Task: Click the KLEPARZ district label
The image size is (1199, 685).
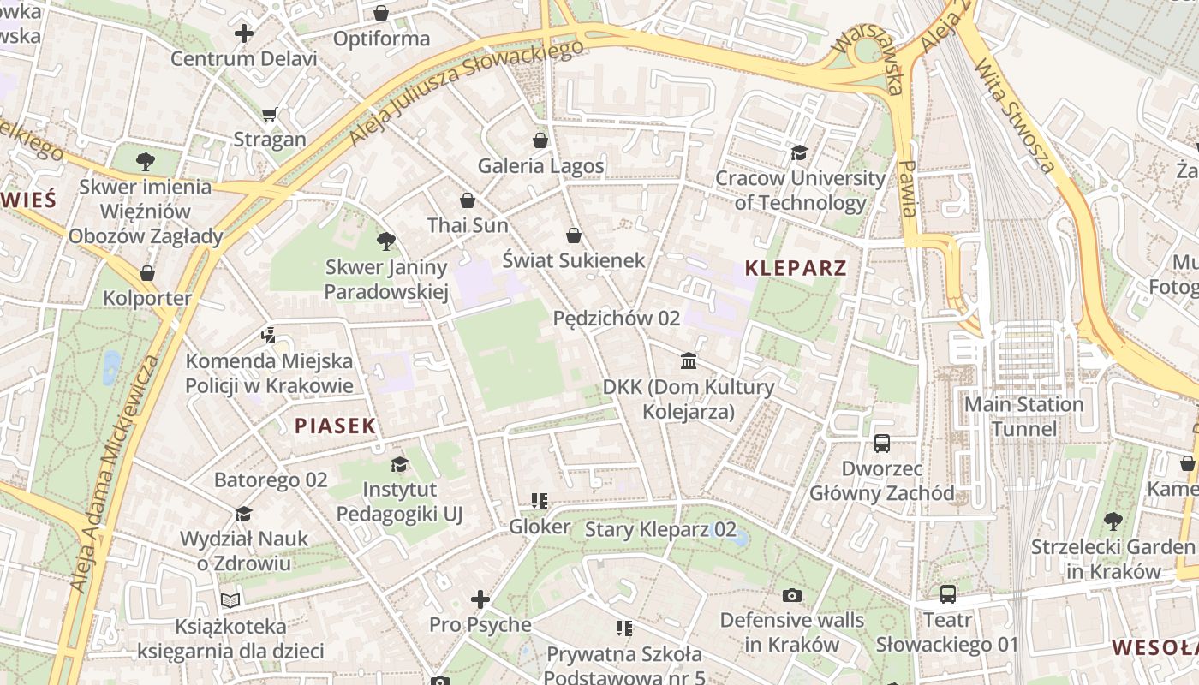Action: click(796, 267)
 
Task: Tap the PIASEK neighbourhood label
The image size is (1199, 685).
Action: click(336, 426)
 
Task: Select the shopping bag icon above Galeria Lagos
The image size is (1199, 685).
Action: click(540, 140)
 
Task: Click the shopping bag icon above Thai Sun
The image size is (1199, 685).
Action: click(468, 200)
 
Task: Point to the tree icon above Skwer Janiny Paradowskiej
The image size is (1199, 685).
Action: click(386, 241)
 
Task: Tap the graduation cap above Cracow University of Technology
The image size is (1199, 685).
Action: click(799, 152)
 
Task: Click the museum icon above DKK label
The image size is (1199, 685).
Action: click(689, 360)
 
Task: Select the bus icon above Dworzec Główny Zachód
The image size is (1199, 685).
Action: click(882, 444)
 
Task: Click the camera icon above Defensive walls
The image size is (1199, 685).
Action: click(792, 594)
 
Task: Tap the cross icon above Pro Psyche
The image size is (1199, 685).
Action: click(480, 599)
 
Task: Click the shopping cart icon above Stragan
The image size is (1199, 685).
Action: click(270, 114)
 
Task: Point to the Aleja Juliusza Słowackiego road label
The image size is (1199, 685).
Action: click(467, 91)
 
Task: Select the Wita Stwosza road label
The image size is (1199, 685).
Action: click(1015, 116)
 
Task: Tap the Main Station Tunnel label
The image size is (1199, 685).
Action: click(1023, 416)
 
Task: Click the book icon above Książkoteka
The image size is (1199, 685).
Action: click(230, 600)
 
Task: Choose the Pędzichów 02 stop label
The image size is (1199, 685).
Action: click(617, 319)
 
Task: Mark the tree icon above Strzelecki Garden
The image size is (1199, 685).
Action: click(1113, 521)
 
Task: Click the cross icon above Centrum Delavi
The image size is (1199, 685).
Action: click(244, 33)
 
